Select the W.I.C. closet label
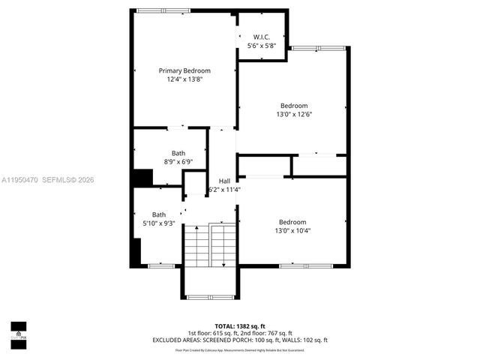tap(262, 37)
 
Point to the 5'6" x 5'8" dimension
tap(262, 46)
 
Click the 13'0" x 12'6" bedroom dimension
tap(294, 115)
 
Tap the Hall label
tap(224, 181)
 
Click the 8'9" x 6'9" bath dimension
tap(178, 161)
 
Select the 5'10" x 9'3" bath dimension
tap(159, 223)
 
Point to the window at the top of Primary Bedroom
tap(163, 10)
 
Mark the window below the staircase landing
tap(210, 297)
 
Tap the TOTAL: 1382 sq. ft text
tap(240, 326)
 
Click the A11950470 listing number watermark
tap(19, 180)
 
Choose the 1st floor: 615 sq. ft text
tap(212, 333)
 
